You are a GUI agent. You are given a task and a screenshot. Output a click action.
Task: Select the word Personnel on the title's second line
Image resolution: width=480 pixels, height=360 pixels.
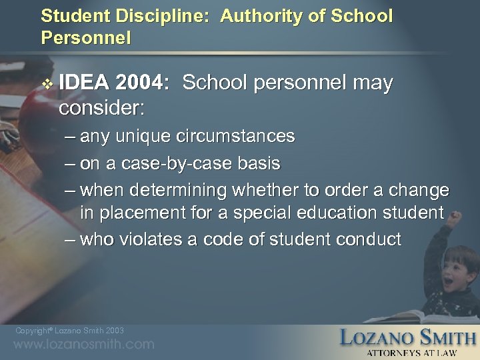(85, 36)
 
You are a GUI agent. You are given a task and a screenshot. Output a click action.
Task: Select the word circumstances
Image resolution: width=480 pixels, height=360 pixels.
(235, 137)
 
